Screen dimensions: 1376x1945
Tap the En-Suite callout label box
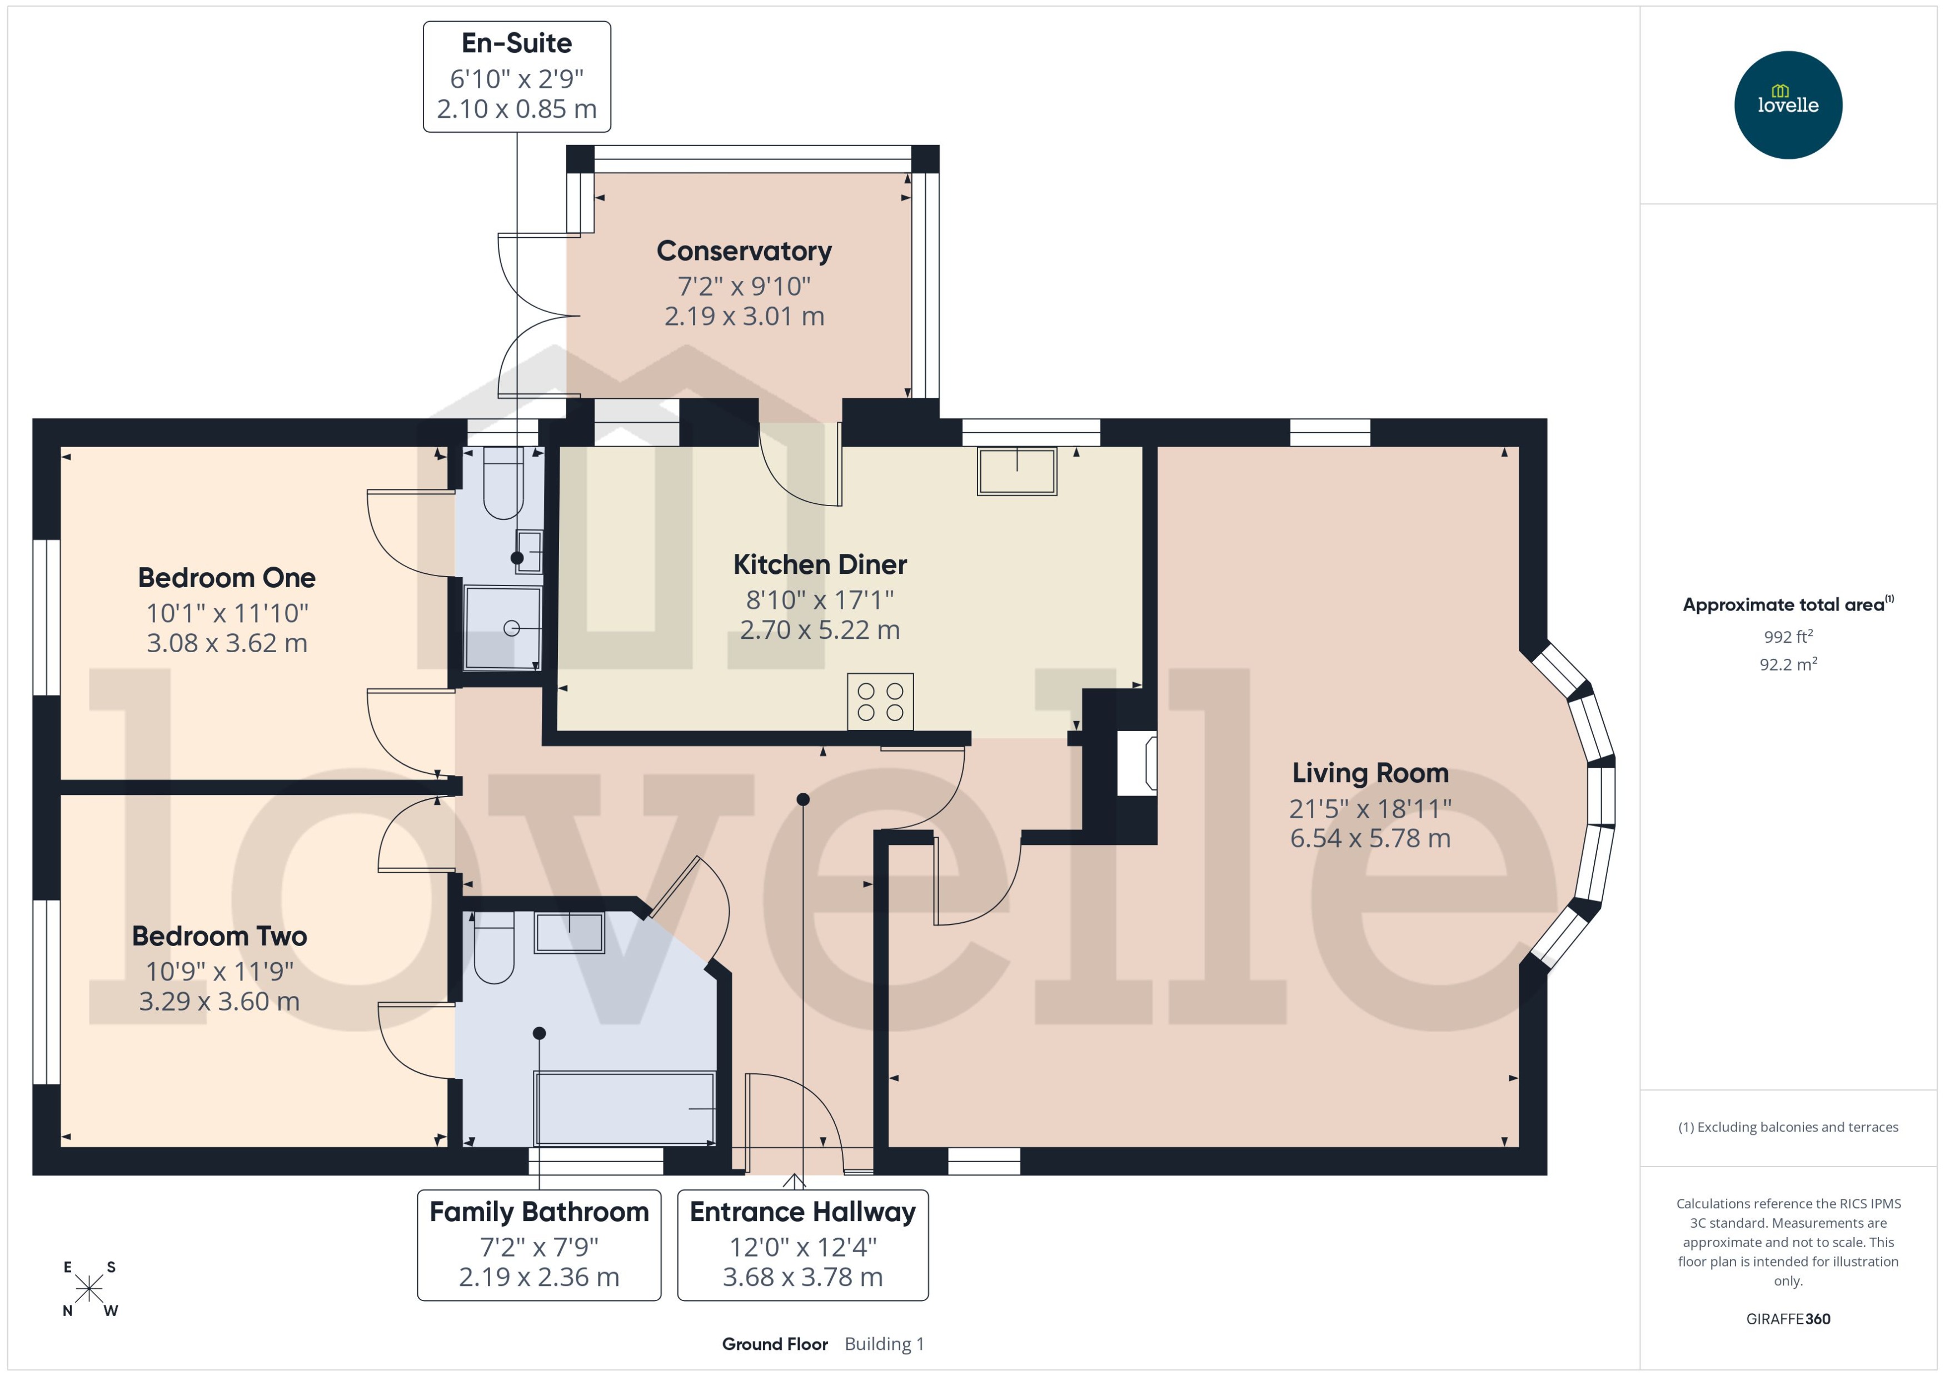click(x=516, y=76)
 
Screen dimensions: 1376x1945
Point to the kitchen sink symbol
click(x=1016, y=471)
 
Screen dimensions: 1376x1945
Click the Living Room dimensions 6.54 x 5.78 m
click(x=1369, y=838)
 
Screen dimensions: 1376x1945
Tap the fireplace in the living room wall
click(x=1136, y=763)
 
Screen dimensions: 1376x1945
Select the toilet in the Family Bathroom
click(x=493, y=947)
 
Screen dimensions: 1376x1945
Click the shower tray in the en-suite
click(x=502, y=627)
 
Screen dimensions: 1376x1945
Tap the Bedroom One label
click(x=226, y=578)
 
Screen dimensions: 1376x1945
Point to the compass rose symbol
click(x=89, y=1289)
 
